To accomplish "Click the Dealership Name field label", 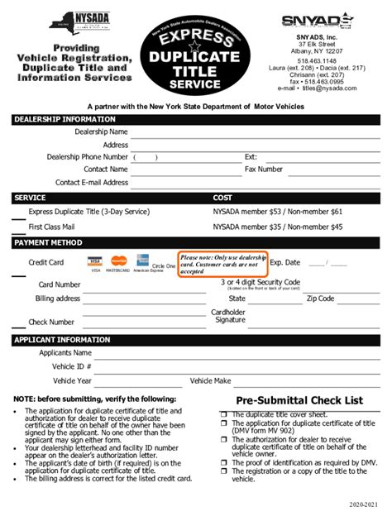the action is click(x=101, y=131).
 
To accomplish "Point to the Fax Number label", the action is click(x=264, y=169).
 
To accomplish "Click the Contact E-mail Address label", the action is click(x=92, y=183).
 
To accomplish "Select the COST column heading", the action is click(x=223, y=198).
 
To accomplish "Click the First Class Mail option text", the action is click(x=52, y=226).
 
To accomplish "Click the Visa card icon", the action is click(x=96, y=262).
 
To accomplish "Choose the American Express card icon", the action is click(x=141, y=262).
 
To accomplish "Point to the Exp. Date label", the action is click(x=285, y=262).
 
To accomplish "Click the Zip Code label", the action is click(x=320, y=299).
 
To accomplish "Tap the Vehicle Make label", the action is click(x=210, y=380).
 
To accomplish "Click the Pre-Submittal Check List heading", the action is click(x=299, y=400).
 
